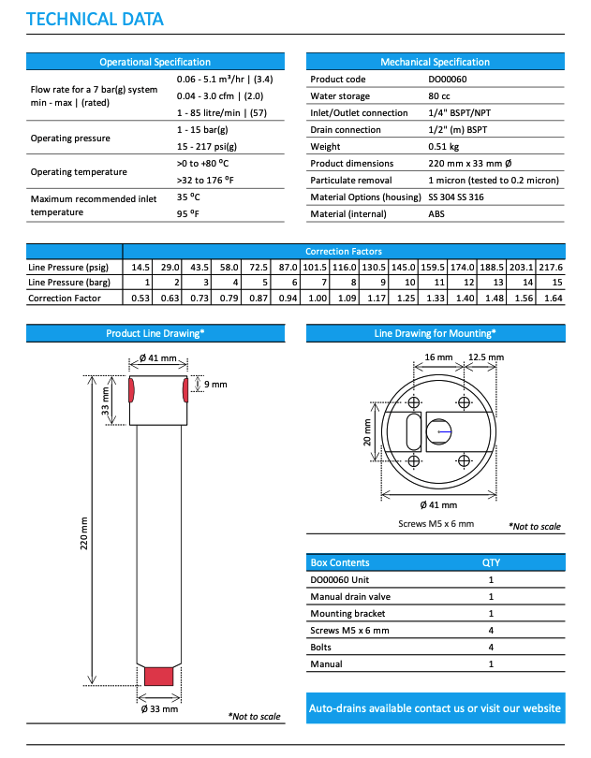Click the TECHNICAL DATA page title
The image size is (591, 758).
tap(95, 19)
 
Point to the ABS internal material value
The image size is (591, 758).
tap(437, 214)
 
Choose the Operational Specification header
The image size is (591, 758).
tap(155, 62)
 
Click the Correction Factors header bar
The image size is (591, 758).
tap(343, 251)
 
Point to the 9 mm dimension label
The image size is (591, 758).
tap(214, 384)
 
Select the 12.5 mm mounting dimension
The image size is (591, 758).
tap(485, 357)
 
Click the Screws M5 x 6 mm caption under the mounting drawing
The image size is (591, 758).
tap(436, 523)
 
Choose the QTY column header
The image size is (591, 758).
tap(491, 562)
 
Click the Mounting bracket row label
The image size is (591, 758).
tap(349, 613)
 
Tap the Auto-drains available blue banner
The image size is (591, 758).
tap(436, 708)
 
